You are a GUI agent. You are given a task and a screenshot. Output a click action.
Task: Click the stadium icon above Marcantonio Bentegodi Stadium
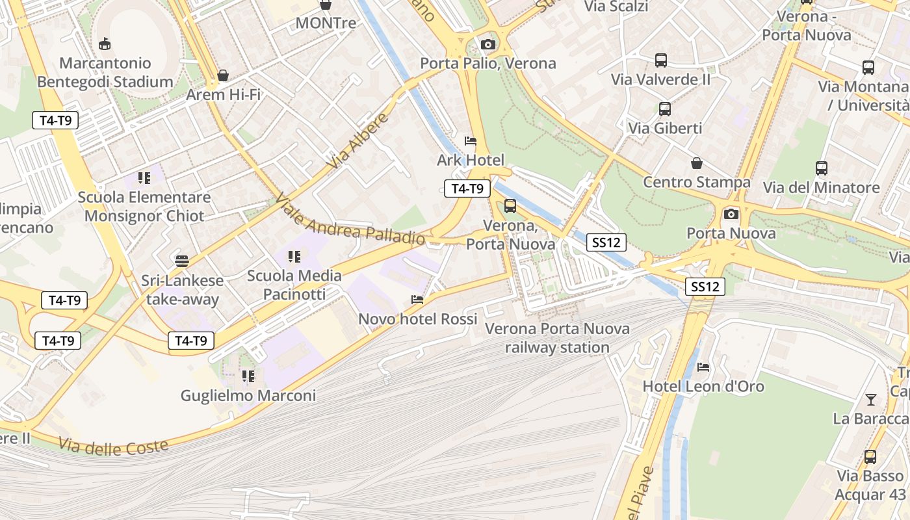click(x=104, y=44)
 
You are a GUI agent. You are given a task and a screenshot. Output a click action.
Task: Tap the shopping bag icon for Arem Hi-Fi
click(x=223, y=75)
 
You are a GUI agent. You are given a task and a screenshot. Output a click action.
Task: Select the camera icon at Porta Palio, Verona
click(x=488, y=44)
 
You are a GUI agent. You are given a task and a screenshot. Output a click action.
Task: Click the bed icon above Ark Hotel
click(x=470, y=140)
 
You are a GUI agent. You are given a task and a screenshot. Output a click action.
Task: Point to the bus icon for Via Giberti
click(x=664, y=109)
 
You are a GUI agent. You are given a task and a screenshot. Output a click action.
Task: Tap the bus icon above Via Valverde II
click(x=661, y=60)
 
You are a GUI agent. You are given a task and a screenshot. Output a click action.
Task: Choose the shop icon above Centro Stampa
click(x=697, y=162)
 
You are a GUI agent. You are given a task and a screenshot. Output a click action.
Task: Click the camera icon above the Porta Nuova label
click(x=731, y=213)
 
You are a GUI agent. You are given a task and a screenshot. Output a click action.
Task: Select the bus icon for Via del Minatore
click(x=822, y=168)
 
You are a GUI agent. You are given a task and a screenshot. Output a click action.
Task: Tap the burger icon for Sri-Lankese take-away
click(x=182, y=261)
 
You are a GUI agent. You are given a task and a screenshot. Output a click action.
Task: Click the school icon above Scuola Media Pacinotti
click(x=294, y=257)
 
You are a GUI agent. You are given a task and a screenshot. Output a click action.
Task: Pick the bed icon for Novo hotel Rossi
click(x=417, y=300)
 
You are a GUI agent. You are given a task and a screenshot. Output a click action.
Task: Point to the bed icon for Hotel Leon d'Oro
click(x=703, y=367)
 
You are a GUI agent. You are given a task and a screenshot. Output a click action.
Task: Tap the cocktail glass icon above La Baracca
click(x=871, y=399)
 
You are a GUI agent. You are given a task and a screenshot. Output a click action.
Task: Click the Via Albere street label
click(x=358, y=141)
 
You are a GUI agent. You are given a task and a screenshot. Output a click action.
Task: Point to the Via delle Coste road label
click(x=113, y=446)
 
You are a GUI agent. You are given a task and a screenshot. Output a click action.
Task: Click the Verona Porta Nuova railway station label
click(x=557, y=338)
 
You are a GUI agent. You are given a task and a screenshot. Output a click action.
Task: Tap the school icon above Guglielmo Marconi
click(x=248, y=376)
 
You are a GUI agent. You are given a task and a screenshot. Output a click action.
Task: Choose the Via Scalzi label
click(x=616, y=6)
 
